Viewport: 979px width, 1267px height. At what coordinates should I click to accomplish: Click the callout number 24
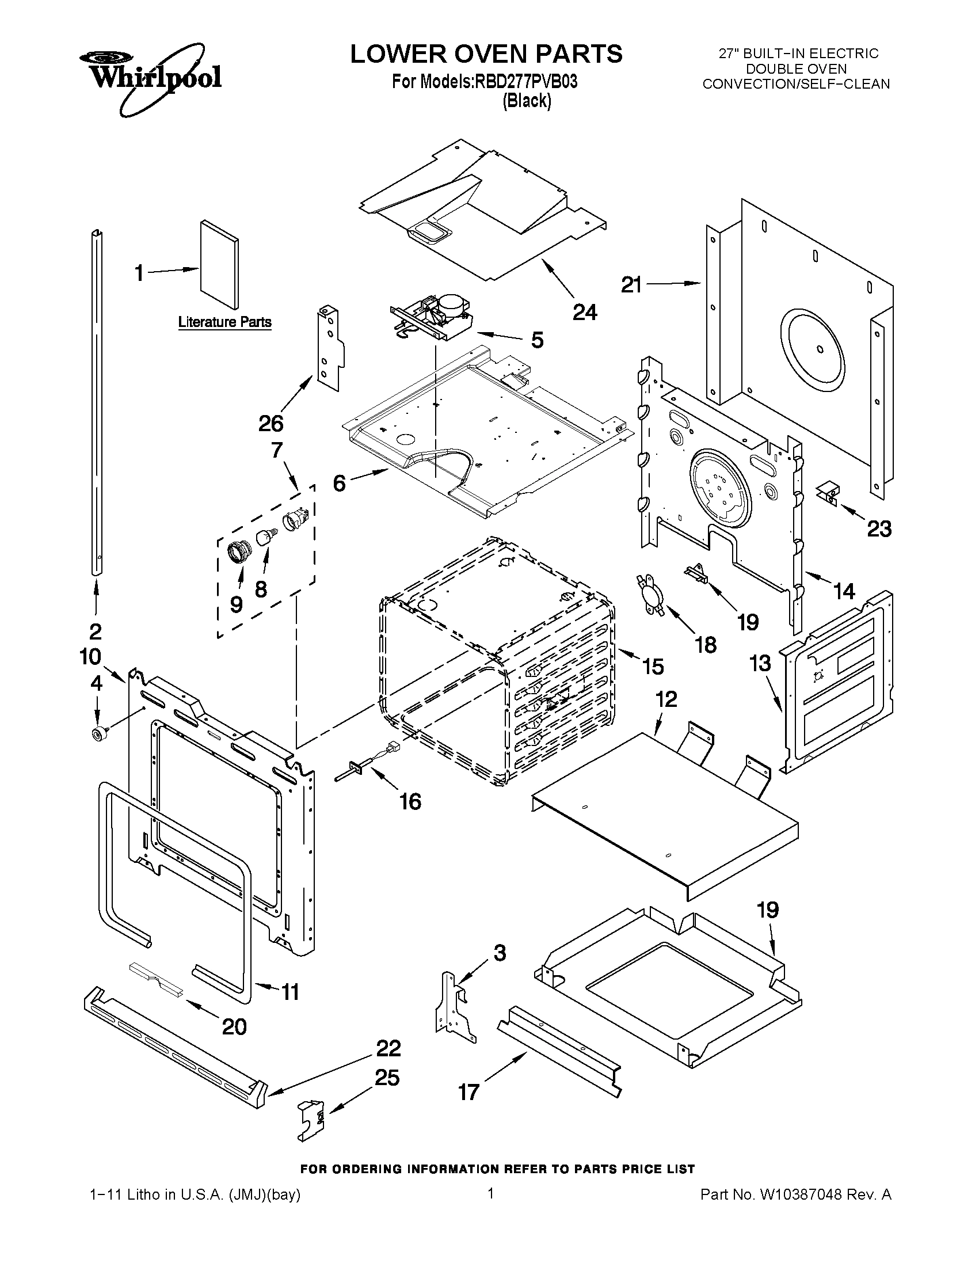[x=584, y=313]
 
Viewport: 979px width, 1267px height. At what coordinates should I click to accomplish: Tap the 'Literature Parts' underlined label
[x=224, y=322]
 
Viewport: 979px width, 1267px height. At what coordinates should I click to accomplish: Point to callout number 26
[x=271, y=424]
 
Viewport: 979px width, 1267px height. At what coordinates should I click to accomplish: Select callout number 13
[x=760, y=663]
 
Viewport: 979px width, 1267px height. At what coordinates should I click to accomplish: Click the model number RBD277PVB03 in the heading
[x=526, y=82]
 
